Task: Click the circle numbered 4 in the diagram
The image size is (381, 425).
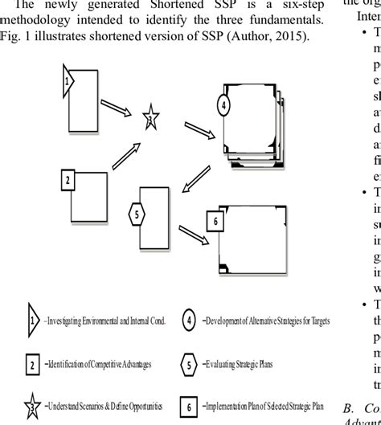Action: tap(225, 106)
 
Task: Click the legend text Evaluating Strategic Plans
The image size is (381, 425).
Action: tap(254, 341)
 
